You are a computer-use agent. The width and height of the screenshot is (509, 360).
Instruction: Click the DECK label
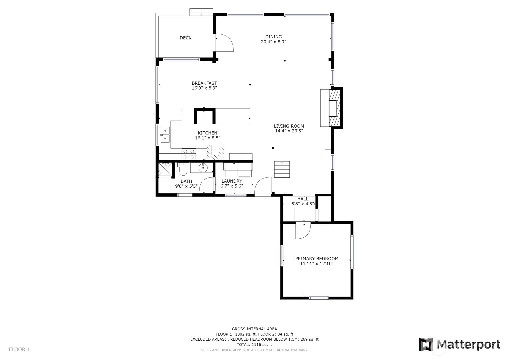(185, 38)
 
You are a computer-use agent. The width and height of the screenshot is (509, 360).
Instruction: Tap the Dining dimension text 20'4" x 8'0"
(273, 42)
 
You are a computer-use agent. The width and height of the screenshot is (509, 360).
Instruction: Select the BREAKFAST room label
(204, 83)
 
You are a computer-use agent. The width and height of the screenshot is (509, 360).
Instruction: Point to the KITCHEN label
(207, 133)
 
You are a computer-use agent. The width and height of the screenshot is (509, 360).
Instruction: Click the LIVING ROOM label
(289, 126)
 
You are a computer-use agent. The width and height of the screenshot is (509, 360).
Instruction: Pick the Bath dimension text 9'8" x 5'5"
(186, 186)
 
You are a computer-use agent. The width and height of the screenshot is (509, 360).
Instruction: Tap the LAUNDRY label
(232, 181)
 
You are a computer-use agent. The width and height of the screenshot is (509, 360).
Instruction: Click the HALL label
(303, 199)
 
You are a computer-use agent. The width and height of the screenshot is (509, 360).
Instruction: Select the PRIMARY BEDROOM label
(317, 259)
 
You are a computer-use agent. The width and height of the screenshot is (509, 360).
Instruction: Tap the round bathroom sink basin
(203, 168)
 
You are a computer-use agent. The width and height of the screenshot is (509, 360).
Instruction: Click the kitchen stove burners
(189, 154)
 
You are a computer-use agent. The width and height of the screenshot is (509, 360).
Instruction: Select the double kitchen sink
(165, 135)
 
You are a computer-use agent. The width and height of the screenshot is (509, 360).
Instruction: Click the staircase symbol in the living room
(282, 169)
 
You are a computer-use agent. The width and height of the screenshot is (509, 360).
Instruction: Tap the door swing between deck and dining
(224, 43)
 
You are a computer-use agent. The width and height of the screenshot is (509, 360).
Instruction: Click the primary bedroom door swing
(303, 231)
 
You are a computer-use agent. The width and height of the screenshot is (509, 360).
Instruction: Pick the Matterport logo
(460, 345)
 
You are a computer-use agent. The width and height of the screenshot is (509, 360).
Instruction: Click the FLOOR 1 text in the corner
(19, 350)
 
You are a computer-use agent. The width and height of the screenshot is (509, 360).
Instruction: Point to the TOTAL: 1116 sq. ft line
(255, 345)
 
